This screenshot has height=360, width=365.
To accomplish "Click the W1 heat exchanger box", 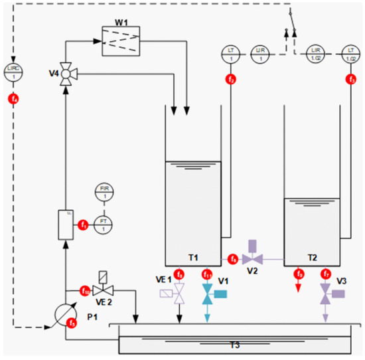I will (120, 41).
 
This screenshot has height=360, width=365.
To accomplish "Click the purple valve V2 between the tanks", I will (251, 257).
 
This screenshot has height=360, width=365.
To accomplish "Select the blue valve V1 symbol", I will (207, 292).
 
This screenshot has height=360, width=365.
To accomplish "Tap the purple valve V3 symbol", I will (325, 292).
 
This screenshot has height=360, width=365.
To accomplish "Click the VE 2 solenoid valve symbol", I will (103, 289).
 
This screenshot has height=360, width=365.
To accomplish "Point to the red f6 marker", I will (233, 258).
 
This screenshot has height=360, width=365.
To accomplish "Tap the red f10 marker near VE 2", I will (85, 290).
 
